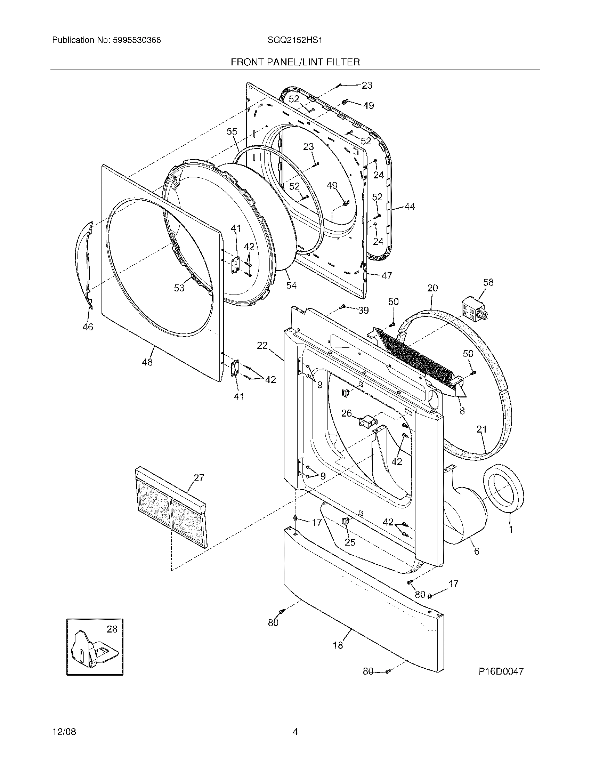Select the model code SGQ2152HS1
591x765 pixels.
pyautogui.click(x=295, y=40)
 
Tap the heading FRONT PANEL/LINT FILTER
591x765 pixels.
pyautogui.click(x=295, y=62)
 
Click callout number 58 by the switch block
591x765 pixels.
pyautogui.click(x=488, y=282)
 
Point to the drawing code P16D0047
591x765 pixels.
pyautogui.click(x=501, y=671)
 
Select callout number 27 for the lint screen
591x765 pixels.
pyautogui.click(x=199, y=478)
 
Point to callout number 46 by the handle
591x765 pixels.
pyautogui.click(x=88, y=327)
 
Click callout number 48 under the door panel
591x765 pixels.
pyautogui.click(x=147, y=362)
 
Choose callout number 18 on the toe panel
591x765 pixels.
pyautogui.click(x=338, y=645)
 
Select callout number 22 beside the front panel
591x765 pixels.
pyautogui.click(x=262, y=346)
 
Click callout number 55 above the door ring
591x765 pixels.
pyautogui.click(x=232, y=131)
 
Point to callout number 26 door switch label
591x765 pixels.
pyautogui.click(x=346, y=413)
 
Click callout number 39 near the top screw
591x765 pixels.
pyautogui.click(x=363, y=310)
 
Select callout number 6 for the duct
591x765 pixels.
pyautogui.click(x=477, y=551)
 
